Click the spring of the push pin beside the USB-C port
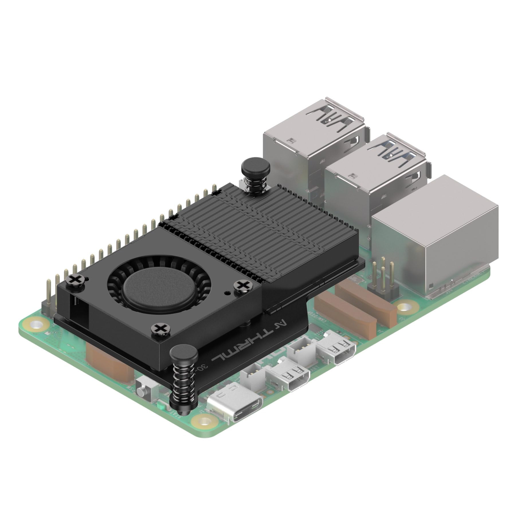[184, 378]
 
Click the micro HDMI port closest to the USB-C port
[289, 378]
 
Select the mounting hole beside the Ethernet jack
[404, 308]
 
